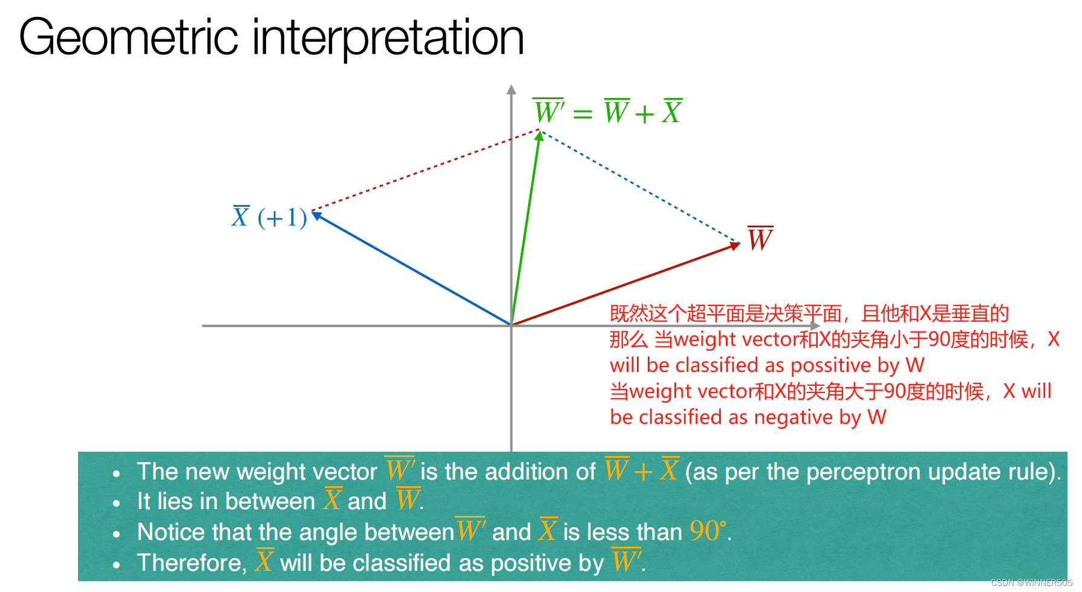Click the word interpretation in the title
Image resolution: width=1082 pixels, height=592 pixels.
tap(388, 37)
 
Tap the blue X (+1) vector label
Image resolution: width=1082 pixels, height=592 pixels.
tap(269, 217)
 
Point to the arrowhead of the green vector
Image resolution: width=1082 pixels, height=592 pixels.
tap(539, 137)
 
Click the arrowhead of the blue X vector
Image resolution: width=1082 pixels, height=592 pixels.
tap(316, 215)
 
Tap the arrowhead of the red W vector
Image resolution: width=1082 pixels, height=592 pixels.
tap(735, 246)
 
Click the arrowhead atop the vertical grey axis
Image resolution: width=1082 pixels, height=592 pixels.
tap(511, 89)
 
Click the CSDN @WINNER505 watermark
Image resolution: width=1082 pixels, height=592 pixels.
tap(1031, 583)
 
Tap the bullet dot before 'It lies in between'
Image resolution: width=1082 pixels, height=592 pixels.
tap(117, 504)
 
